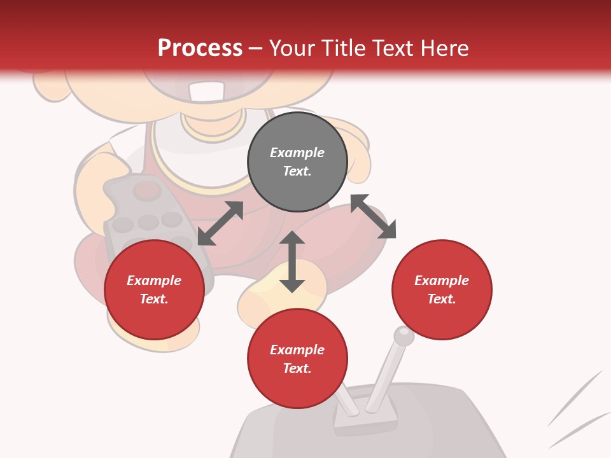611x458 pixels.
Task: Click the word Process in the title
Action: [x=200, y=48]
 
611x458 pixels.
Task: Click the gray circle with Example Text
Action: [x=297, y=162]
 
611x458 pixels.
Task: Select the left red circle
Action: [x=154, y=289]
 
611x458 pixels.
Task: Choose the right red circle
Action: [x=442, y=289]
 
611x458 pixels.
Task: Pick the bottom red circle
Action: [x=297, y=359]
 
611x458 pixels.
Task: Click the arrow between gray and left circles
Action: [x=220, y=223]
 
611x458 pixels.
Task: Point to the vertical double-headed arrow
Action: [x=292, y=261]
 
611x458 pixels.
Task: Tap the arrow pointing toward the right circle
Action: [x=373, y=216]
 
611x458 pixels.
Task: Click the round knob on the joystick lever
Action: [x=404, y=335]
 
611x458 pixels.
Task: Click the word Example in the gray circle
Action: [x=297, y=153]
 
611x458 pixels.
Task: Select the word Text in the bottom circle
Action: [x=297, y=368]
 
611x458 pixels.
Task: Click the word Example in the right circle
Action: [x=442, y=281]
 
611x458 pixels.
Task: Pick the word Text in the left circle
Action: [x=154, y=299]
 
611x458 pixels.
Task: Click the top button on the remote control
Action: [x=148, y=189]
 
